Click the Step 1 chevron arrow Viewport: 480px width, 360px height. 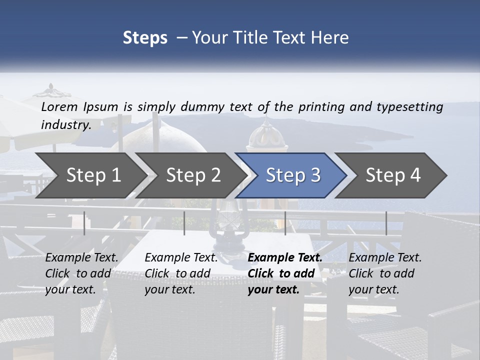tap(90, 175)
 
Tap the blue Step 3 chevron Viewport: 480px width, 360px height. tap(292, 175)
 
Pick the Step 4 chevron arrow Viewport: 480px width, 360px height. tap(392, 175)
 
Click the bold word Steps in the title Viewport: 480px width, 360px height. tap(145, 37)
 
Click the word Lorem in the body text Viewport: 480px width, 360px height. tap(59, 106)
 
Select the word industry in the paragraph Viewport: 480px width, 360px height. tap(65, 124)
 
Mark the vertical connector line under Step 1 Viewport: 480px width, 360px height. tap(84, 223)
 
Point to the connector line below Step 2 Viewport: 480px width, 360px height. tap(184, 223)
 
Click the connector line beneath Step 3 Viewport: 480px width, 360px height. tap(285, 223)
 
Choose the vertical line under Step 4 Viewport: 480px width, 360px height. tap(386, 223)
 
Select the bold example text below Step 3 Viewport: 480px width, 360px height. tap(284, 273)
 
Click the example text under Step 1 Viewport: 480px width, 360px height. tap(81, 273)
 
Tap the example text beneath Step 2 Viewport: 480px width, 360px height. tap(180, 273)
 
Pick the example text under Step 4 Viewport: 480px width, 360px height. tap(384, 273)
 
